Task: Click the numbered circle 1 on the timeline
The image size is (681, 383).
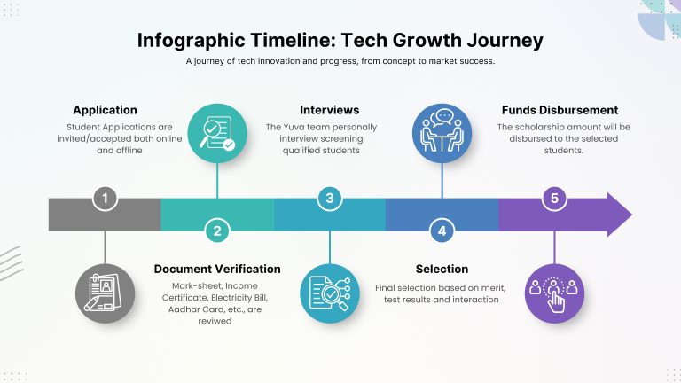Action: point(105,199)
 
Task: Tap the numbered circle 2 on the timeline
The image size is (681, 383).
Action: point(217,231)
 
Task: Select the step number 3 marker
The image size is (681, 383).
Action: point(330,199)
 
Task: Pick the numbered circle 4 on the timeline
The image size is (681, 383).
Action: point(442,231)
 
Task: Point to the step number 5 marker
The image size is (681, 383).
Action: point(554,199)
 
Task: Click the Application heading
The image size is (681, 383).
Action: point(106,110)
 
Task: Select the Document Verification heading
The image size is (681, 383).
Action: point(217,270)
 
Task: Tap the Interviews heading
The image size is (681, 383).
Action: point(330,110)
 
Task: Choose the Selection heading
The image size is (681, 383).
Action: point(442,270)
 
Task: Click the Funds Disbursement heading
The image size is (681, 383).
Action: point(560,110)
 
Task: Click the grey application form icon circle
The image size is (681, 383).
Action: point(106,293)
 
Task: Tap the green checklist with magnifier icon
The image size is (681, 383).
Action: point(217,133)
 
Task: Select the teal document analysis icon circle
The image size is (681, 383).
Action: point(330,293)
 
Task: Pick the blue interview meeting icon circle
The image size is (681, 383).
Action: point(442,133)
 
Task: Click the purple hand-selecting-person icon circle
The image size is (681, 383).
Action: point(554,293)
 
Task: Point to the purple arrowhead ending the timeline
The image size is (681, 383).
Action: point(617,215)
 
